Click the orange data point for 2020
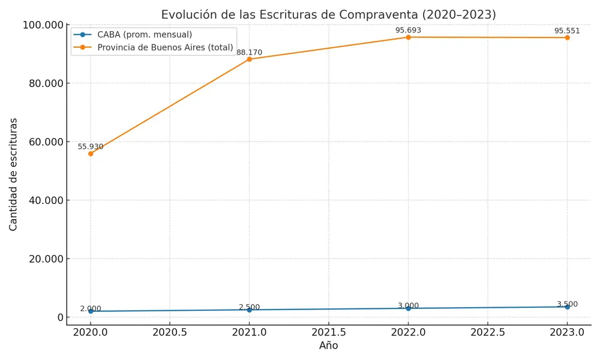tap(91, 154)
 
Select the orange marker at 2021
tap(250, 59)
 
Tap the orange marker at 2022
tap(409, 37)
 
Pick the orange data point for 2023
tap(567, 38)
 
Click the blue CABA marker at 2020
tap(91, 311)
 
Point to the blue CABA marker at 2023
tap(567, 307)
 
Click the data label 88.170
tap(250, 53)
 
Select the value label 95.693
tap(409, 31)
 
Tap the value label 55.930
tap(91, 147)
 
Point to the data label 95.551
tap(567, 31)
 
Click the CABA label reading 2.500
tap(250, 308)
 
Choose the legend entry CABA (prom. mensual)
tap(145, 35)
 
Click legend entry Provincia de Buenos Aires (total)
tap(165, 47)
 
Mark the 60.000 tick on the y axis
tap(46, 142)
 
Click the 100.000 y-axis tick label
tap(43, 25)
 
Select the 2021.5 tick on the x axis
tap(329, 332)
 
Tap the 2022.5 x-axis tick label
tap(488, 332)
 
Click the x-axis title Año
tap(329, 346)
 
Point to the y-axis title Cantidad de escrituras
tap(14, 174)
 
